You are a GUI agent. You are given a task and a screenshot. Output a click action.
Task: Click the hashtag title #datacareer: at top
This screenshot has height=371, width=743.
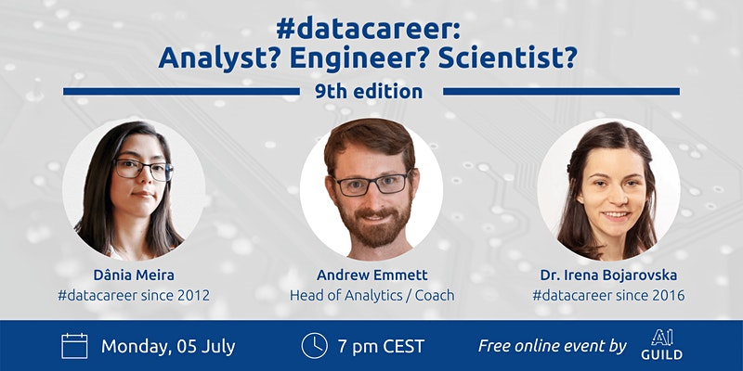[368, 30]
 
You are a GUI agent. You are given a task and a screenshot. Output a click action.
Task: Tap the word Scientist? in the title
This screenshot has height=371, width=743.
[507, 57]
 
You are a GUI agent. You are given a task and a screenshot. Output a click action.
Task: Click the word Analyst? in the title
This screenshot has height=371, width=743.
[220, 58]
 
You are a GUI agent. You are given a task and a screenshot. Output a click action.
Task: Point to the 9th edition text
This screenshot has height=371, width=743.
[369, 91]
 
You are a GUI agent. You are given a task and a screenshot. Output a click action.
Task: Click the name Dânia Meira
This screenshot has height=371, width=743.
[134, 275]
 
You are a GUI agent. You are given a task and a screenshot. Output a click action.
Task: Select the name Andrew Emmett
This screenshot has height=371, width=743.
[372, 275]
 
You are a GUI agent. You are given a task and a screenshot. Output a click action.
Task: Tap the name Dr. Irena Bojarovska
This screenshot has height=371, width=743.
[608, 275]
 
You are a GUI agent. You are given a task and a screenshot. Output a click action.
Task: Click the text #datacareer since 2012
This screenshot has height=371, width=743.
[134, 296]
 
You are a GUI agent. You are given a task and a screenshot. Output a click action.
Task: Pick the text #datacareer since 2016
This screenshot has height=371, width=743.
[608, 296]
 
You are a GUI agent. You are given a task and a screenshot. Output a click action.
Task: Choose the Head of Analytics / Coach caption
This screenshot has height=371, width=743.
[372, 296]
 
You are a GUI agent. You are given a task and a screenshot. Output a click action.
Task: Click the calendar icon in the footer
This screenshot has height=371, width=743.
[74, 346]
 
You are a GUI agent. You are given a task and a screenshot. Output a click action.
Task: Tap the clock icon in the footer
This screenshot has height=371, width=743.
[314, 346]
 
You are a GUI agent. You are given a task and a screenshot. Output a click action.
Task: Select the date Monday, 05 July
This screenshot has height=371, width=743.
[168, 346]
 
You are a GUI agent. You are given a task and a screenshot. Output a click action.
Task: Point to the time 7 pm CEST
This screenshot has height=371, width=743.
[381, 346]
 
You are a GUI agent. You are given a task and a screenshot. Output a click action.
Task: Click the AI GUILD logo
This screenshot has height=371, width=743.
[661, 344]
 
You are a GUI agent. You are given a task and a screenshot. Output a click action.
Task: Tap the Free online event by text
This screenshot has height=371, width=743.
[553, 346]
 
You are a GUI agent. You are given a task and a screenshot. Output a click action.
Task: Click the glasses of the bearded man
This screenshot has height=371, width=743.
[373, 184]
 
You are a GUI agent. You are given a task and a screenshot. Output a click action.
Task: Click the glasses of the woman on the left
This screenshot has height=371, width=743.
[144, 170]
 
